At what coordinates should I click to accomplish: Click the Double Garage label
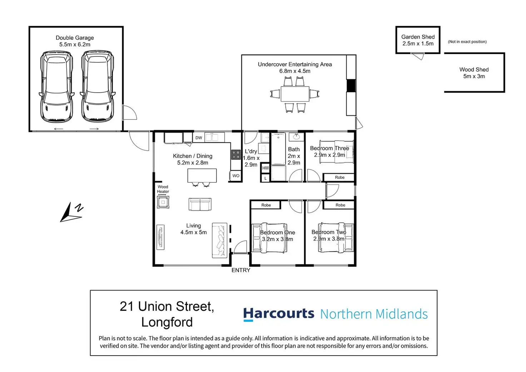[x=75, y=38]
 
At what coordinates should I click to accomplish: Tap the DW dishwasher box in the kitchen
[x=199, y=138]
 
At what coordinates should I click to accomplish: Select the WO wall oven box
[x=236, y=176]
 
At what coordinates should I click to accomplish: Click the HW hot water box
[x=266, y=168]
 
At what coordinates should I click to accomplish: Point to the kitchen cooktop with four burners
[x=236, y=155]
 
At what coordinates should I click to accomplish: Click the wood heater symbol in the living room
[x=163, y=202]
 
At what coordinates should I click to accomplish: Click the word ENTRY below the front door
[x=241, y=270]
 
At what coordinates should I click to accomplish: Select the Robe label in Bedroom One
[x=266, y=205]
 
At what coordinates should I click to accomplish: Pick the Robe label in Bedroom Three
[x=339, y=177]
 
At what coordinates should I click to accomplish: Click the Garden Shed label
[x=418, y=37]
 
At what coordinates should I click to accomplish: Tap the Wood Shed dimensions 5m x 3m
[x=474, y=77]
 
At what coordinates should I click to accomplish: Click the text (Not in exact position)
[x=467, y=42]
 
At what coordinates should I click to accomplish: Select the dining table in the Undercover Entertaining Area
[x=295, y=94]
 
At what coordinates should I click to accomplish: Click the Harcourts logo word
[x=278, y=314]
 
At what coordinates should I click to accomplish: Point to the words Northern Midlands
[x=374, y=314]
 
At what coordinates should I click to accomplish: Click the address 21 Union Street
[x=167, y=307]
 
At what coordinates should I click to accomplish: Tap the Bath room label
[x=294, y=150]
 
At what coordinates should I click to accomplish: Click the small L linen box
[x=266, y=178]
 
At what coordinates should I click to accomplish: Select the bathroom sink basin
[x=296, y=136]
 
